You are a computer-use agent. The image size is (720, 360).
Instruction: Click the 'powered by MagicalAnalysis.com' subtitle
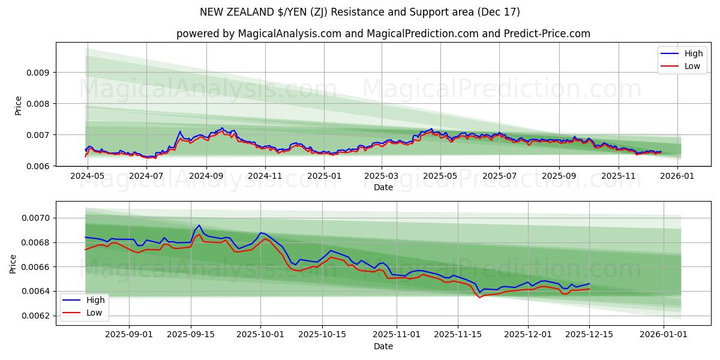pyautogui.click(x=383, y=34)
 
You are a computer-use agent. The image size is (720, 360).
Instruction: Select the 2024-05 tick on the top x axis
pyautogui.click(x=88, y=176)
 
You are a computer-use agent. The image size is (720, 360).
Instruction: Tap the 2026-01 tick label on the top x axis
pyautogui.click(x=678, y=176)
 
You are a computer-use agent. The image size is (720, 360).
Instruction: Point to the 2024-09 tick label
pyautogui.click(x=206, y=176)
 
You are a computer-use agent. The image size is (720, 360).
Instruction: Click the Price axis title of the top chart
pyautogui.click(x=18, y=106)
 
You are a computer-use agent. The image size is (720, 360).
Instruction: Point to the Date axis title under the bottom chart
pyautogui.click(x=383, y=346)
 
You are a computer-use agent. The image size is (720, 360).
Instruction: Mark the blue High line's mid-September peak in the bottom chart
pyautogui.click(x=199, y=226)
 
